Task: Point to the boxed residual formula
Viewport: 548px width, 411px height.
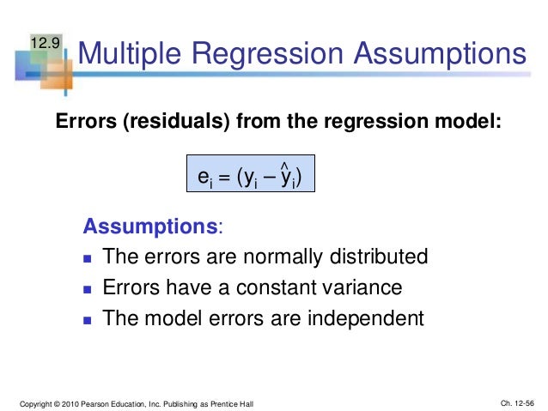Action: [x=250, y=178]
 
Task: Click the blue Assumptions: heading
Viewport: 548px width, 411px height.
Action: [x=151, y=227]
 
